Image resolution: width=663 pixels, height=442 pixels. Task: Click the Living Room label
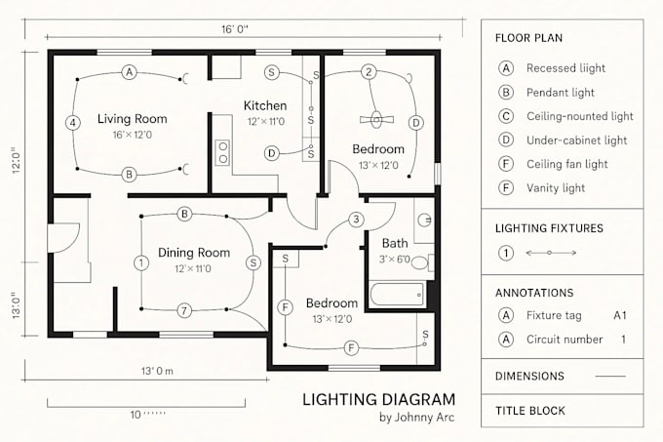(132, 119)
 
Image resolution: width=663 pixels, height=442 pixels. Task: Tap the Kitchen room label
(264, 105)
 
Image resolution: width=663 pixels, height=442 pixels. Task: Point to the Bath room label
(395, 243)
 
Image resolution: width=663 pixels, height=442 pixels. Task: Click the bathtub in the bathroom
(396, 294)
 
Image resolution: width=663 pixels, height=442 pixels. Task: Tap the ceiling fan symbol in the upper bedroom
(375, 119)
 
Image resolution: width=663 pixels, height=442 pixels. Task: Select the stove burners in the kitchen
(222, 151)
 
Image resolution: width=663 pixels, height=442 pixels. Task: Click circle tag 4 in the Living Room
(72, 123)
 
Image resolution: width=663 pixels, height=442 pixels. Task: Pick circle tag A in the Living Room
(129, 71)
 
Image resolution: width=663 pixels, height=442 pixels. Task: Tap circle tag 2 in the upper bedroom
(368, 71)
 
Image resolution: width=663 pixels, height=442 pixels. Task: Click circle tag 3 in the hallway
(357, 219)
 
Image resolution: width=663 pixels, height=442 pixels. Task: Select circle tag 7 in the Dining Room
(183, 311)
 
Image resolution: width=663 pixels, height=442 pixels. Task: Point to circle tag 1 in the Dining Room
(141, 262)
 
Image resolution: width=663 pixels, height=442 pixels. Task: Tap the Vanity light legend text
(555, 187)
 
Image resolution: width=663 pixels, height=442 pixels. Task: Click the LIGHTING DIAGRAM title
(378, 399)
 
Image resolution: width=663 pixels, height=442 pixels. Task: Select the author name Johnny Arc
(416, 419)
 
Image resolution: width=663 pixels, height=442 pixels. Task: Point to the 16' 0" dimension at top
(234, 29)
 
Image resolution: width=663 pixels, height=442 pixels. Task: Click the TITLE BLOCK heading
(529, 411)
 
